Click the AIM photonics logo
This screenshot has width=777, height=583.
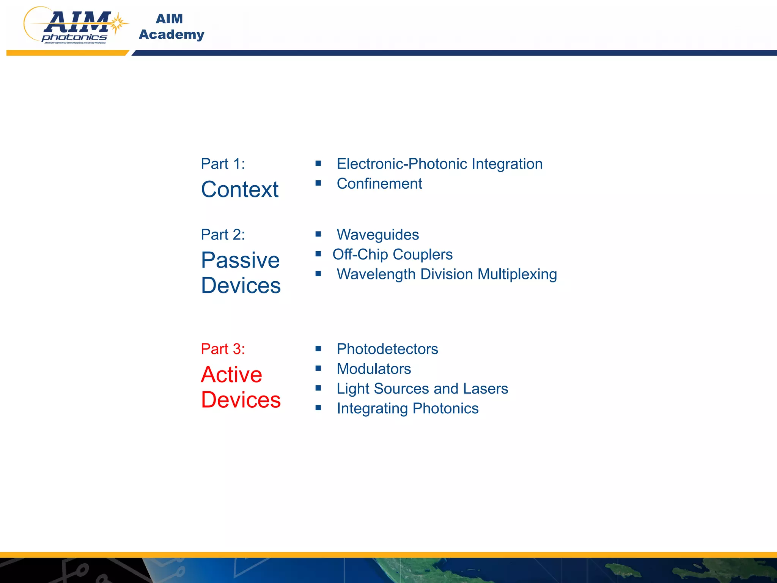[x=76, y=26]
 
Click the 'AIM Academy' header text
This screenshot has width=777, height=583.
[x=171, y=27]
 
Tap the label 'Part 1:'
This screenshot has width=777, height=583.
[x=223, y=164]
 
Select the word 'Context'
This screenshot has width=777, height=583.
[x=240, y=189]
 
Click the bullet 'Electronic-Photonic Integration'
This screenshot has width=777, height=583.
[x=439, y=164]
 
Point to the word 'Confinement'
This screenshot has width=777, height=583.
[x=379, y=184]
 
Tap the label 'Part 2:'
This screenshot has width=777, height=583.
[x=223, y=235]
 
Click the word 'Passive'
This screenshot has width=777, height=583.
[x=240, y=260]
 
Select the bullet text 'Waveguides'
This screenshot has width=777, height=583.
[x=377, y=235]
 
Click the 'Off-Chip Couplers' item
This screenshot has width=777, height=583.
[x=392, y=254]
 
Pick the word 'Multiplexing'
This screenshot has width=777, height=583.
[x=517, y=274]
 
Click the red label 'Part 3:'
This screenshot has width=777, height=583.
[x=223, y=349]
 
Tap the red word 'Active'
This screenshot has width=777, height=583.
[x=231, y=375]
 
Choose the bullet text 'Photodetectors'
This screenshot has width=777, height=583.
[x=387, y=349]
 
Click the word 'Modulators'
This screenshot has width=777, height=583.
[x=374, y=369]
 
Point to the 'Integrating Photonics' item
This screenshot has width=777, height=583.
[x=407, y=408]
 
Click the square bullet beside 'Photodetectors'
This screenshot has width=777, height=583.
[x=318, y=348]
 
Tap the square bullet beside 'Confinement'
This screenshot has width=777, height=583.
[x=318, y=183]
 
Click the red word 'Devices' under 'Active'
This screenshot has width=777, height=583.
[x=241, y=400]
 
